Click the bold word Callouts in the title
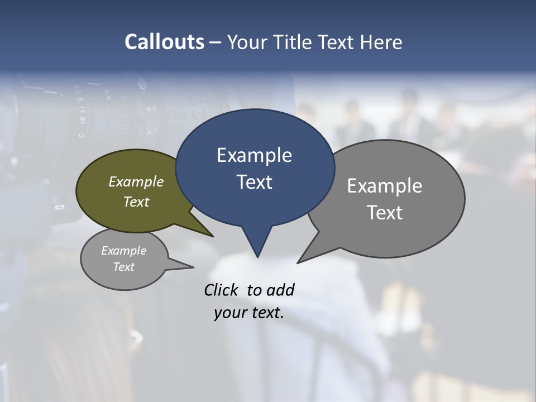click(164, 42)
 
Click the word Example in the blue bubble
click(254, 155)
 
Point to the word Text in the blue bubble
click(254, 182)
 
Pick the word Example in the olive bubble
click(136, 181)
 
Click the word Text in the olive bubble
click(136, 202)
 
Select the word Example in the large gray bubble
click(385, 186)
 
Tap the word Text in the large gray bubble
click(385, 213)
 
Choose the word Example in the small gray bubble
click(123, 251)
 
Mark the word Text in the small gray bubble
click(123, 267)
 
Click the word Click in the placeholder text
click(221, 290)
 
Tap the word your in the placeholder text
click(227, 313)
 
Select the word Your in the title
click(246, 42)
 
